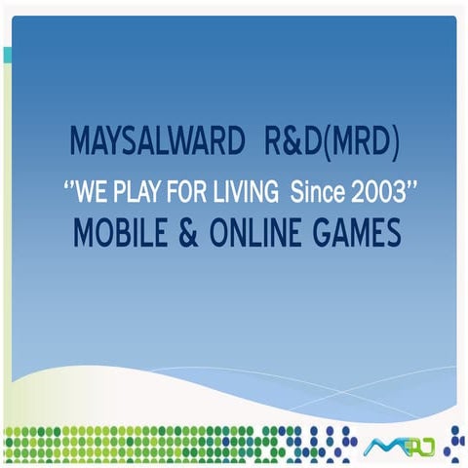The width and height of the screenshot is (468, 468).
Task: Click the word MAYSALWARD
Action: [x=157, y=144]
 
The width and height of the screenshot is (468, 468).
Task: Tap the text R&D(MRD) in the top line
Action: [x=331, y=144]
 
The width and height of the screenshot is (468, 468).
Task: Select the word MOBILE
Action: [x=119, y=234]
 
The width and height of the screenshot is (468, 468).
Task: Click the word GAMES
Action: [x=355, y=234]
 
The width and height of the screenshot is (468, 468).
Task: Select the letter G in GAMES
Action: [x=323, y=234]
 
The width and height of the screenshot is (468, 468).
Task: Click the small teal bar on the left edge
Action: [x=7, y=55]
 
